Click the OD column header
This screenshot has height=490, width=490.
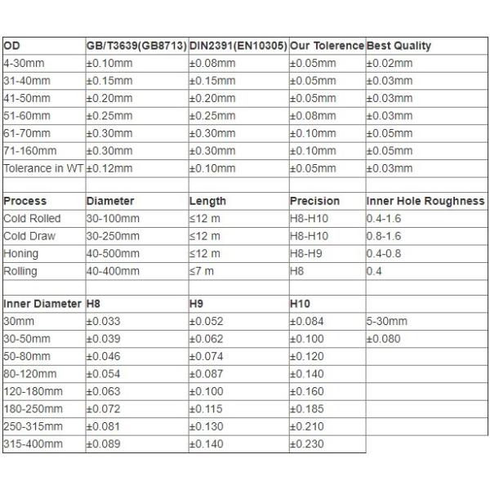point(12,46)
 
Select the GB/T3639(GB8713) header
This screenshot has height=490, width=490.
point(136,46)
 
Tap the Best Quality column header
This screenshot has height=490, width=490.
point(399,46)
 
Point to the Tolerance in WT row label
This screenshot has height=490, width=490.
point(43,168)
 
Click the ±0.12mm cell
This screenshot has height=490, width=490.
point(108,168)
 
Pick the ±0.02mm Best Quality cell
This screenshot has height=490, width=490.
point(390,63)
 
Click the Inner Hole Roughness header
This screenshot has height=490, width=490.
point(425,201)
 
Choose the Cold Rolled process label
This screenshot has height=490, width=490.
point(33,218)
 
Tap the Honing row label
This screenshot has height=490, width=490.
point(21,253)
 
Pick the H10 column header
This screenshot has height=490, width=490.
point(301,304)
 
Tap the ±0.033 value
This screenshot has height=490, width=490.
point(104,321)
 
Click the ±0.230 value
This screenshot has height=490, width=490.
point(307,443)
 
